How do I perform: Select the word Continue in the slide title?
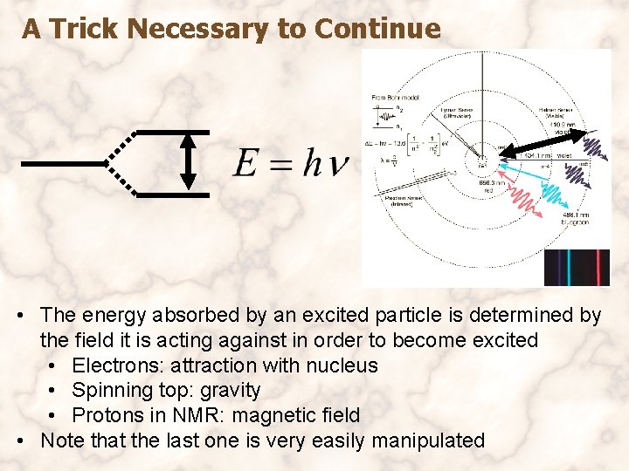click(377, 29)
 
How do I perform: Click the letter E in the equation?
click(246, 163)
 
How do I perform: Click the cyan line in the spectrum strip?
click(568, 268)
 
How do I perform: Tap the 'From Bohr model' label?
click(395, 97)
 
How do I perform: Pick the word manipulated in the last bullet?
click(428, 440)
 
